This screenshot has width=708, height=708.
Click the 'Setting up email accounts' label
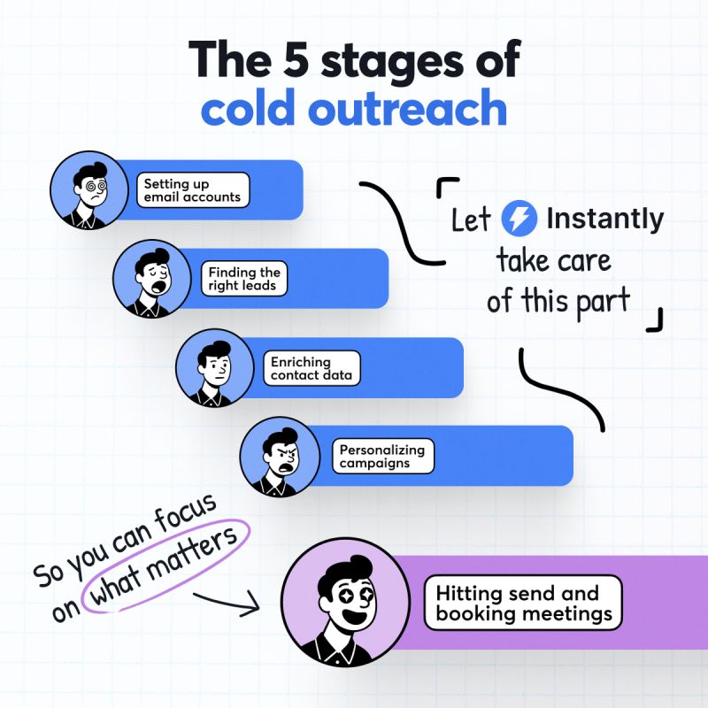(x=193, y=190)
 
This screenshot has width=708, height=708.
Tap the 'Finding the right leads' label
(x=244, y=279)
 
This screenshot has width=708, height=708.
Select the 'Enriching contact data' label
(x=312, y=368)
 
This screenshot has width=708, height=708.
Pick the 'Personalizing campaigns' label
(x=383, y=456)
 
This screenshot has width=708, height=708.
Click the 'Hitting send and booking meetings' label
(x=523, y=603)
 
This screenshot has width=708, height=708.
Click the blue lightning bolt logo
(x=519, y=218)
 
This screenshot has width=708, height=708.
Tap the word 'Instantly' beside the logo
(x=605, y=219)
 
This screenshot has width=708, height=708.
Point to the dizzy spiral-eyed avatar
(x=89, y=190)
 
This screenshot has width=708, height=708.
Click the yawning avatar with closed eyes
(x=152, y=279)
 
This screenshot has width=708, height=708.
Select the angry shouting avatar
(x=280, y=457)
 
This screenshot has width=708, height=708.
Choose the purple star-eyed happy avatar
(x=345, y=602)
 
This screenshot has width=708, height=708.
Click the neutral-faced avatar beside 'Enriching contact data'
(x=215, y=368)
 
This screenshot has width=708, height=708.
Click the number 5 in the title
(x=296, y=59)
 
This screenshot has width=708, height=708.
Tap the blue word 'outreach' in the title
(x=407, y=108)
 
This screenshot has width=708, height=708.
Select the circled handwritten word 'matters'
(x=192, y=558)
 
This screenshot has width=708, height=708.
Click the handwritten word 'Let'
(x=471, y=219)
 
